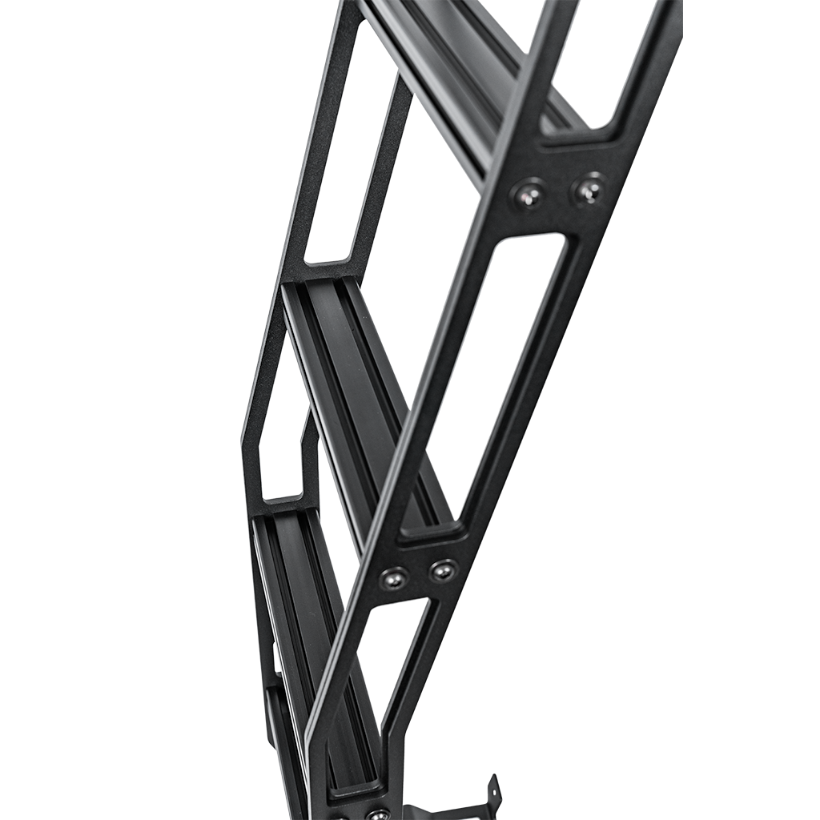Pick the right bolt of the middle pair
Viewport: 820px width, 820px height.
[441, 571]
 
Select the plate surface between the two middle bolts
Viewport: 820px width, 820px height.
[417, 574]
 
